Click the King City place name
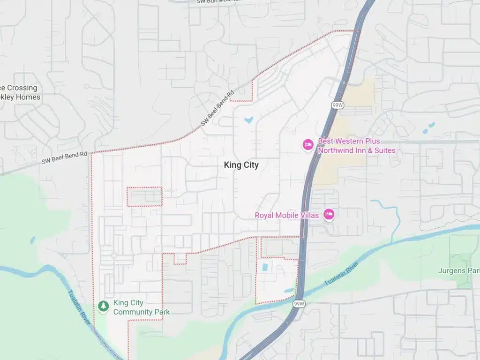click(x=241, y=165)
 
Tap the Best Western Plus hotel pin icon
click(x=307, y=145)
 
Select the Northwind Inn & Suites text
click(x=357, y=150)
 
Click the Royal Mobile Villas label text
click(x=286, y=215)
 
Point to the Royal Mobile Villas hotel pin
click(x=329, y=215)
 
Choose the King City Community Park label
click(x=141, y=307)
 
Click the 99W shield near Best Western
click(x=337, y=105)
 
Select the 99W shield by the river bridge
click(x=300, y=304)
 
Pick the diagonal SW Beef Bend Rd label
click(x=217, y=108)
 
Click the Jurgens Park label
click(x=458, y=270)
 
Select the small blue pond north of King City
click(x=248, y=120)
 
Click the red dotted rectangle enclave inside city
click(x=144, y=197)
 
